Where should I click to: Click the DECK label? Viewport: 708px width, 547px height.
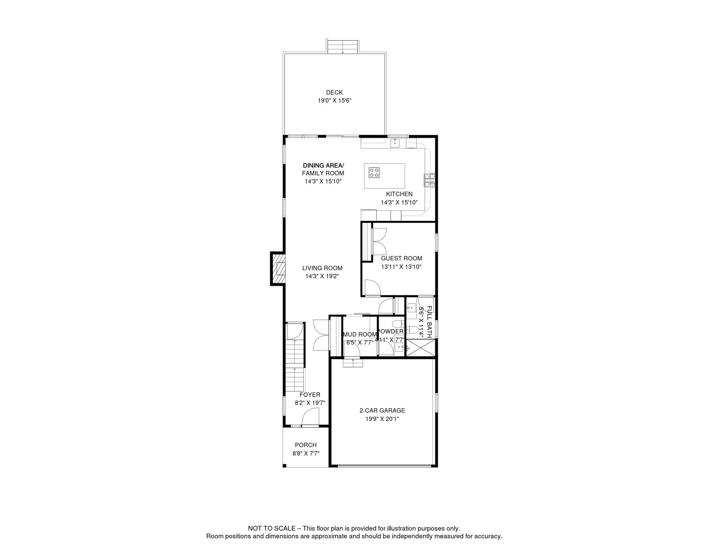click(334, 93)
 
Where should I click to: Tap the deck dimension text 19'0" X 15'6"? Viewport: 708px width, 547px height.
click(334, 101)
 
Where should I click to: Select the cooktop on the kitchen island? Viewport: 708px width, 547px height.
click(374, 173)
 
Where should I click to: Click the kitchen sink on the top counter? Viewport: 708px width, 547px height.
click(395, 143)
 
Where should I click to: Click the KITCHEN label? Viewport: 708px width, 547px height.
click(399, 194)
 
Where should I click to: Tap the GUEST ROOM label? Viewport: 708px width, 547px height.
click(401, 259)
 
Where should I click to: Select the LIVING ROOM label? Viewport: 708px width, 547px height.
click(322, 268)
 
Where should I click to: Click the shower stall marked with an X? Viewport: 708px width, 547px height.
click(421, 348)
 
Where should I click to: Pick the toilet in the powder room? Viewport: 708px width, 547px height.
click(397, 324)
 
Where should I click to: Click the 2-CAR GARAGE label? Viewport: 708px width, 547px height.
click(382, 411)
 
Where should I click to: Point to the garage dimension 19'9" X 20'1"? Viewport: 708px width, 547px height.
click(382, 419)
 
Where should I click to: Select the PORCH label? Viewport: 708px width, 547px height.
click(306, 445)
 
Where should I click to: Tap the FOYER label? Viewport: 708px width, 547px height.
click(309, 395)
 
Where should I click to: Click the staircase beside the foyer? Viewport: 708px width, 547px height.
click(295, 367)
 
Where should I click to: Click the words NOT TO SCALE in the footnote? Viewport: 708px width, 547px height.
click(271, 528)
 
